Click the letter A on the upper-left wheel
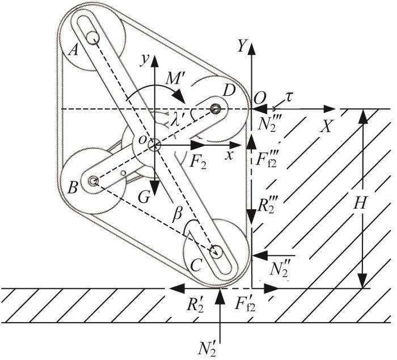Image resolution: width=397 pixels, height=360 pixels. [74, 51]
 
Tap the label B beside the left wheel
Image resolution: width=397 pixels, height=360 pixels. [73, 188]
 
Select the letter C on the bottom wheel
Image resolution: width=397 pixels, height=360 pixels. [196, 265]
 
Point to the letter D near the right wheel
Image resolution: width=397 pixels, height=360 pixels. [229, 91]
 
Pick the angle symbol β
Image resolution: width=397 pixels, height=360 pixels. [177, 215]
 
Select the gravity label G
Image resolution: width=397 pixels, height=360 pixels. [143, 197]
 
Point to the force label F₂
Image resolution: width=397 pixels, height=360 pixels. [198, 163]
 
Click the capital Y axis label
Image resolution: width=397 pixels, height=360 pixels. [242, 47]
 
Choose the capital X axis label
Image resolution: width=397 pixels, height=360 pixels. [326, 126]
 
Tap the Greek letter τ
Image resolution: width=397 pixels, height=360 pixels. [288, 98]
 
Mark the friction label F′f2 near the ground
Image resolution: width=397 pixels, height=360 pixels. [245, 304]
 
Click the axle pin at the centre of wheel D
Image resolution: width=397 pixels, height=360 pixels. [215, 109]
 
